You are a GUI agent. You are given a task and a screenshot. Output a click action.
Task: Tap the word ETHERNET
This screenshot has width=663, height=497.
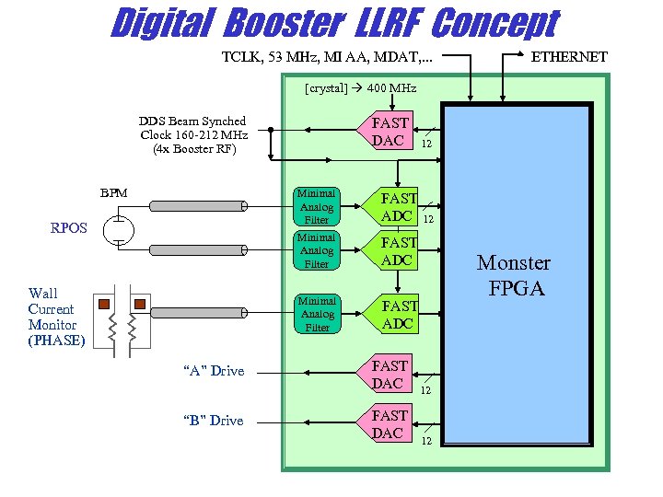571,57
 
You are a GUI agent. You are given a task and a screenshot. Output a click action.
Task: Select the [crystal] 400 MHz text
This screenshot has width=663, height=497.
360,88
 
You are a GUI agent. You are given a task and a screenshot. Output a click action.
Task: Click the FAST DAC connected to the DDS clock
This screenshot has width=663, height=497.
389,132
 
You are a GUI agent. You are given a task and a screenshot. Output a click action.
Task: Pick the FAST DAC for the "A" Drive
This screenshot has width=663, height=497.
389,375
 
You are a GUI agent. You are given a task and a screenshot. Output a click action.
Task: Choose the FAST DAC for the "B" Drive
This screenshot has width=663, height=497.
389,424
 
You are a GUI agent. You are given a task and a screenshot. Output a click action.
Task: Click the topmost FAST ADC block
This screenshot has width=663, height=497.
398,207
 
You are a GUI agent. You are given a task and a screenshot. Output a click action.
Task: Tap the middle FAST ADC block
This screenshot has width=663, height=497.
399,251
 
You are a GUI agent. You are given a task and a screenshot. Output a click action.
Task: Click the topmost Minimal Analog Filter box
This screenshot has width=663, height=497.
317,207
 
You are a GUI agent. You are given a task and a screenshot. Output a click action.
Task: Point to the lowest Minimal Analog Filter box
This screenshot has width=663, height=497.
317,315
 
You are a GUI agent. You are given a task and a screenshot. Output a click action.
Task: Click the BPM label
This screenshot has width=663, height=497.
113,193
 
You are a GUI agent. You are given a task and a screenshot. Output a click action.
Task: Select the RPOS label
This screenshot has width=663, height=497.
69,227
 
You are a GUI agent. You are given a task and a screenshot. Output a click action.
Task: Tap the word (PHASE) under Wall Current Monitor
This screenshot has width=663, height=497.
56,341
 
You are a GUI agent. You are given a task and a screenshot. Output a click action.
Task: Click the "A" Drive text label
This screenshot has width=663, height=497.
214,371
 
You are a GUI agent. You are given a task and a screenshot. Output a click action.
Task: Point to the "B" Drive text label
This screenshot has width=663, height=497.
214,421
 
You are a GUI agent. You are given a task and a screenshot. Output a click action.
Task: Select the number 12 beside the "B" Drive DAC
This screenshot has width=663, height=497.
426,441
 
